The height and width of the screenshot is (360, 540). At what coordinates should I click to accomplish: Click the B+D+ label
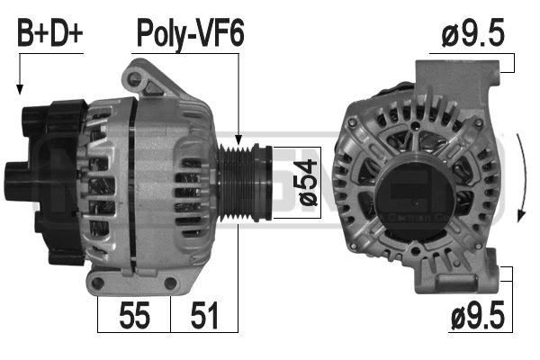pos(50,33)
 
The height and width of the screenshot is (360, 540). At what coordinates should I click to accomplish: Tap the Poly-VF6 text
pos(191,34)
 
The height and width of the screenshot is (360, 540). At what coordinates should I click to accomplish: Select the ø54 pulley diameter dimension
pos(308,183)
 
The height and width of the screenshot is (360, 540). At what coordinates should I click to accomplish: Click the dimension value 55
pos(134,315)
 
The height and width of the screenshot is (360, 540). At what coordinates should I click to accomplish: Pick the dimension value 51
pos(204,315)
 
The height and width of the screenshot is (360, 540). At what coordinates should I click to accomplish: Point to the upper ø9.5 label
pos(473,32)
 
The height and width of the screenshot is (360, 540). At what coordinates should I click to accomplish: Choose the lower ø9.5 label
pos(478,314)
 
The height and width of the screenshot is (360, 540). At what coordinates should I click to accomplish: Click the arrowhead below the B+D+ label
pos(20,89)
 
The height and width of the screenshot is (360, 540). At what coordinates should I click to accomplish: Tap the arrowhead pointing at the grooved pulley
pos(238,139)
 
